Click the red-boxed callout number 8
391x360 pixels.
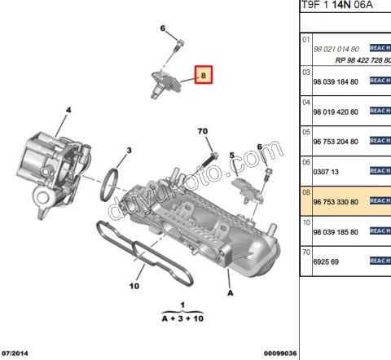coord(203,77)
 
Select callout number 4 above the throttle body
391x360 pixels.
coord(68,110)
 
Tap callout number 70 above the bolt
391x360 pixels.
coord(203,130)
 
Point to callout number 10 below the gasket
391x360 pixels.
coord(134,286)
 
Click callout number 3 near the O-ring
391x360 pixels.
coord(129,150)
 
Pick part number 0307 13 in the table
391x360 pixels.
coord(326,172)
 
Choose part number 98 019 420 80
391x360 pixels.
coord(336,112)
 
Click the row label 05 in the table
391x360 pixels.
coord(306,131)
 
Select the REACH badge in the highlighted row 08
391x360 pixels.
coord(380,201)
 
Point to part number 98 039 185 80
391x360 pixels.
coord(336,232)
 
